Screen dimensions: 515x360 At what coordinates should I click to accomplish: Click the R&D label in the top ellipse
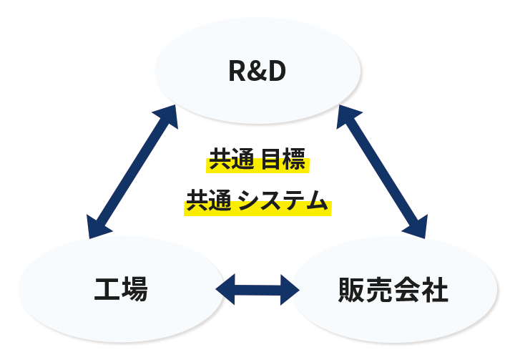coord(257,71)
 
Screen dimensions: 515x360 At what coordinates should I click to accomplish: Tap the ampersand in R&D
coord(257,71)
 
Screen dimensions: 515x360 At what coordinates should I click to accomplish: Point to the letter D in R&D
coord(277,71)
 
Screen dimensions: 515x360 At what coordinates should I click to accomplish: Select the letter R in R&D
coord(237,71)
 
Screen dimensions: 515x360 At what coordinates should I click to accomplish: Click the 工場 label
coord(121,289)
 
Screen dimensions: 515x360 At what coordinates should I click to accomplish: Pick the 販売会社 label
coord(393,290)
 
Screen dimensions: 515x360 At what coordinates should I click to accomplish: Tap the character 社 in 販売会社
coord(435,290)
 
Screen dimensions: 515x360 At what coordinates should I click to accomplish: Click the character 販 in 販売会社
coord(352,290)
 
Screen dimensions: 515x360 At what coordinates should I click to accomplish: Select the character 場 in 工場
coord(134,289)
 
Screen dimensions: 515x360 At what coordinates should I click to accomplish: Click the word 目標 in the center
coord(283,159)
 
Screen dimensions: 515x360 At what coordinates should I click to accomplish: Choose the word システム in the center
coord(283,200)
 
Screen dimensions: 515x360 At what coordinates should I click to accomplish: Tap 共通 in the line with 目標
coord(232,159)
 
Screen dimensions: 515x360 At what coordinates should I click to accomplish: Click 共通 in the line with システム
coord(209,200)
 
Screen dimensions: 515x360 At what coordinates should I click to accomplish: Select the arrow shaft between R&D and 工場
coord(132,172)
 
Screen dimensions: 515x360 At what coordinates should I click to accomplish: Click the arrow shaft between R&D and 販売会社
coord(382,172)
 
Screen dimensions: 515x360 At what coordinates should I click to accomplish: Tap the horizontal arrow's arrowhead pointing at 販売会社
coord(289,290)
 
